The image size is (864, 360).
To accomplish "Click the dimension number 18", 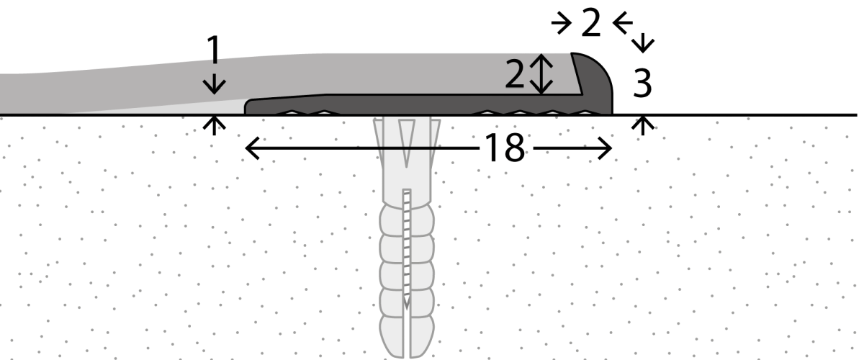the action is tap(504, 148).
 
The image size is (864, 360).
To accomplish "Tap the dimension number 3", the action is tap(642, 83).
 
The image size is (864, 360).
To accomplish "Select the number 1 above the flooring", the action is tap(213, 50).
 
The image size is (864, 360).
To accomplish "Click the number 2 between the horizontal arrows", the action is tap(591, 23).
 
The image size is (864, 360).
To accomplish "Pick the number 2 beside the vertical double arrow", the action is tap(514, 73).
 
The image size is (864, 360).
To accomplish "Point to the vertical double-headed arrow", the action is tap(541, 73).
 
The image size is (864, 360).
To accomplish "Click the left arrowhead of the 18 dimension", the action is tap(253, 148).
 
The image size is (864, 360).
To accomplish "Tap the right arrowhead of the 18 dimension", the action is tap(605, 148).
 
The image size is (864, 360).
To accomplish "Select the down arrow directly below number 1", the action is tap(214, 81).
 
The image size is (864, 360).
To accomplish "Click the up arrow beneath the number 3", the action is tap(642, 125).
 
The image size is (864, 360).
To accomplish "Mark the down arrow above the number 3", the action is tap(642, 42).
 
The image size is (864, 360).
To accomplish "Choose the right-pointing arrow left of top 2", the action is tap(561, 23).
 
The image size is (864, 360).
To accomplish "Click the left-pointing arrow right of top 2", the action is tap(623, 23).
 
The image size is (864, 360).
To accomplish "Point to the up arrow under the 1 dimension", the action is tap(214, 125).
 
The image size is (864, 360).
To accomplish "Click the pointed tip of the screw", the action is tap(406, 307).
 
